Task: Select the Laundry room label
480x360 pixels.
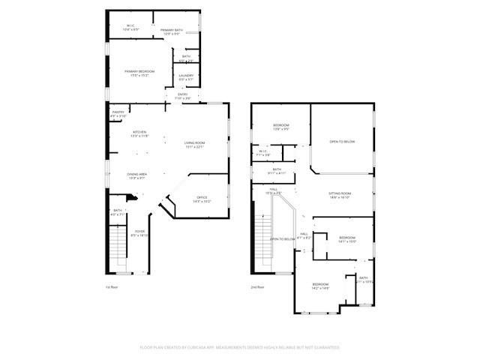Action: [186, 77]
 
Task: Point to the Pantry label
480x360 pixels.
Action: [118, 114]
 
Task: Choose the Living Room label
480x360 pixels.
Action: [194, 144]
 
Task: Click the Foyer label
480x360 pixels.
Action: [139, 233]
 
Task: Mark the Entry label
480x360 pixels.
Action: [182, 96]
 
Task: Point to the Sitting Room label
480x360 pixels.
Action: [340, 195]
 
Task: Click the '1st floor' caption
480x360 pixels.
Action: [112, 286]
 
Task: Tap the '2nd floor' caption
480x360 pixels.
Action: [259, 286]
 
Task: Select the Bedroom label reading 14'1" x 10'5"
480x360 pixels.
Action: [346, 239]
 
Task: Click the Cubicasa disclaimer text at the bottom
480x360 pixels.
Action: [240, 347]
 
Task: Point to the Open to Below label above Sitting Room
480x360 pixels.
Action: [341, 141]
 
